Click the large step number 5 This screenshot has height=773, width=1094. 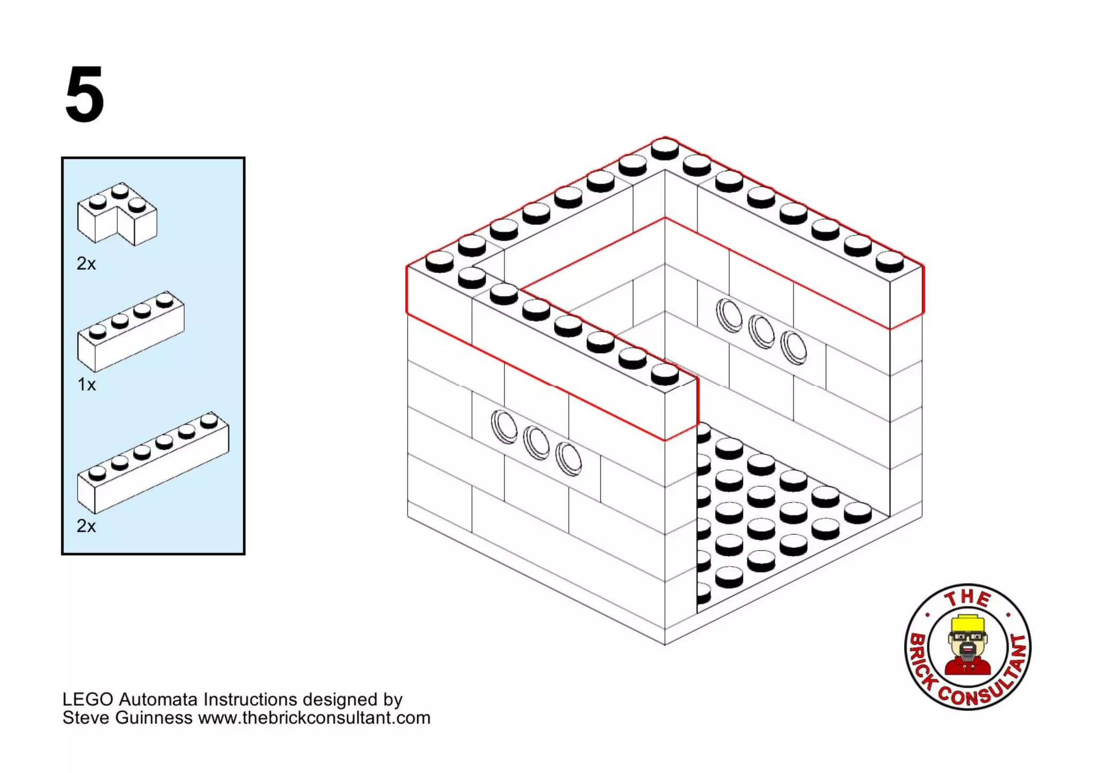coord(84,95)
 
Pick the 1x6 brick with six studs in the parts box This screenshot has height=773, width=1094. coord(153,463)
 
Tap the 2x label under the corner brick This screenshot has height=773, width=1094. coord(86,263)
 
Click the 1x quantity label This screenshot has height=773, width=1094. coord(86,384)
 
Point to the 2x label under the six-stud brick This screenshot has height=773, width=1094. coord(86,526)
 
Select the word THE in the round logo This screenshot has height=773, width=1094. coord(967,598)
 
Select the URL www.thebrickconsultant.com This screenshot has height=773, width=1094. coord(314,717)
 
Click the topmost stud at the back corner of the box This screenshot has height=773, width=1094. coord(665,148)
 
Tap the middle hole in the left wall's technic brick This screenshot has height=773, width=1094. coord(536,442)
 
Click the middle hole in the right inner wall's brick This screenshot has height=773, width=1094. coord(761,331)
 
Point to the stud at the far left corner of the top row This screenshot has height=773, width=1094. coord(439,261)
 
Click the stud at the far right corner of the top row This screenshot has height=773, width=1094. coord(889,261)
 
